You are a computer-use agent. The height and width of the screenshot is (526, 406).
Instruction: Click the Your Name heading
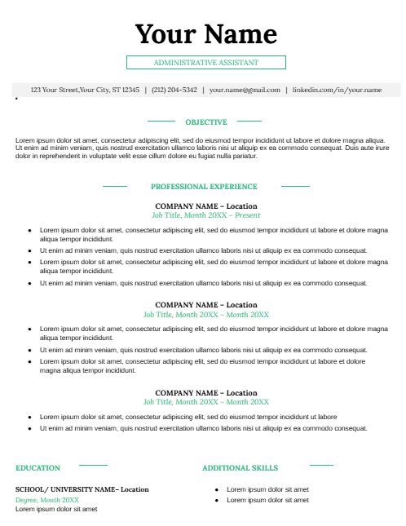205,34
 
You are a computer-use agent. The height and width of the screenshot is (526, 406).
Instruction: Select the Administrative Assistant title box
205,63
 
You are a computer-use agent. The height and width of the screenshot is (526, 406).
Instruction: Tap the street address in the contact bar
85,90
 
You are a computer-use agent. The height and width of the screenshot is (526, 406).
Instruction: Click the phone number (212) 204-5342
174,90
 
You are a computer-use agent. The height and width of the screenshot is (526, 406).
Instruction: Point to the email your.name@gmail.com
245,90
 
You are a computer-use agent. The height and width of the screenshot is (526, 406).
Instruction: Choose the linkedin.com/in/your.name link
337,90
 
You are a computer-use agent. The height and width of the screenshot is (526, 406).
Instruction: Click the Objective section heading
205,122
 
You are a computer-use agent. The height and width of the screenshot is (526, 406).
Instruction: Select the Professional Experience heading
204,187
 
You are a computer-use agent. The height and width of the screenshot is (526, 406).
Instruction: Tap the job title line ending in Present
206,215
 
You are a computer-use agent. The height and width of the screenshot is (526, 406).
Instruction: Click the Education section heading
38,468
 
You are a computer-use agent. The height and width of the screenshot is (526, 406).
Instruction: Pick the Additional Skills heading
240,468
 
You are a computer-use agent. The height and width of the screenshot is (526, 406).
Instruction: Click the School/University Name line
82,489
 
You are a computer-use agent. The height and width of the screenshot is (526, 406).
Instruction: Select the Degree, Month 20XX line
47,499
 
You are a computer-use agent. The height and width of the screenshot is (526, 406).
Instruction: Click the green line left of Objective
161,121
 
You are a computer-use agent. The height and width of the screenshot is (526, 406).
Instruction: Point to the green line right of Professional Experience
295,186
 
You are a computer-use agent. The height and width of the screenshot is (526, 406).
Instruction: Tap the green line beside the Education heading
92,465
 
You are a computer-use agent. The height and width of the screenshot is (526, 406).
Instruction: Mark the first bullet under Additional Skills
217,489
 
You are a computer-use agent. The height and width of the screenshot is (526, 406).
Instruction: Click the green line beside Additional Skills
321,465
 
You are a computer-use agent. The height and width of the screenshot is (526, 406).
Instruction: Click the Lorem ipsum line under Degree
56,509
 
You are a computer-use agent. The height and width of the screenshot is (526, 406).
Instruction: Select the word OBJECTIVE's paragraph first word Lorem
24,140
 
